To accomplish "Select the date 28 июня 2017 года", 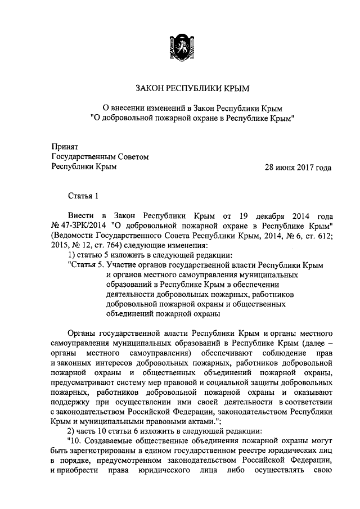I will coord(298,167).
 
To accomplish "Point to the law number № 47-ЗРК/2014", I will coord(75,226).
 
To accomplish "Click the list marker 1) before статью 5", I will coord(71,256).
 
